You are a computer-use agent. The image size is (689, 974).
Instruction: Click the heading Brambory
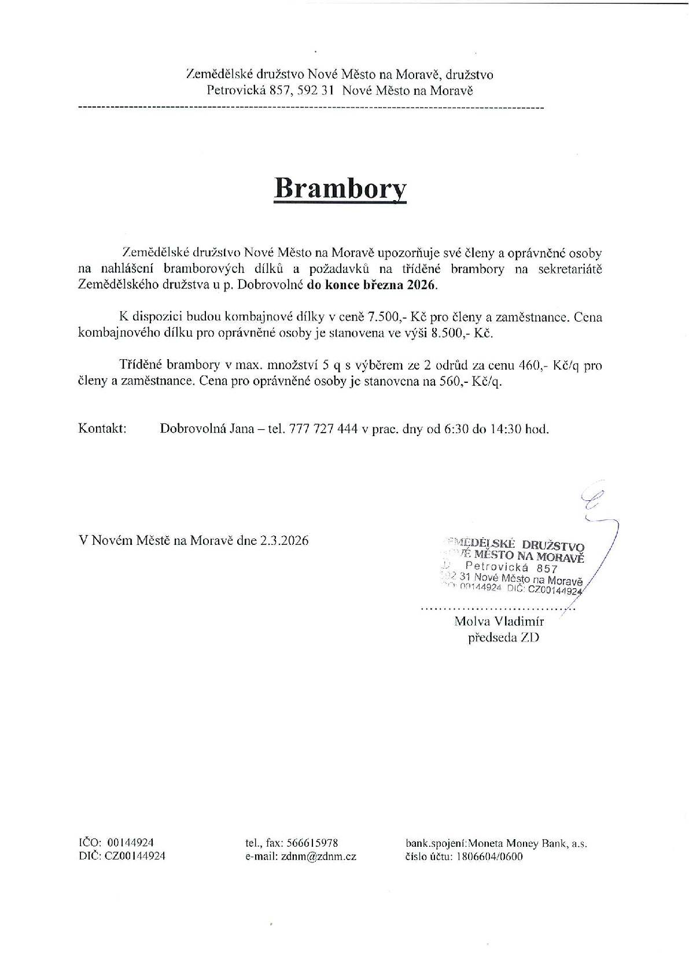[340, 188]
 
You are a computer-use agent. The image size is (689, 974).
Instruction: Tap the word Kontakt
[102, 429]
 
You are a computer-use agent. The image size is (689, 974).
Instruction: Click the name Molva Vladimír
[499, 622]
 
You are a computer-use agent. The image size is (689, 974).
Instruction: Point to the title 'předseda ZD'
[503, 638]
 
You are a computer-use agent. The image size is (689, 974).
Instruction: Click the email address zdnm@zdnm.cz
[319, 856]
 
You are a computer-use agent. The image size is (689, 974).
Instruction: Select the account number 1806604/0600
[488, 856]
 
